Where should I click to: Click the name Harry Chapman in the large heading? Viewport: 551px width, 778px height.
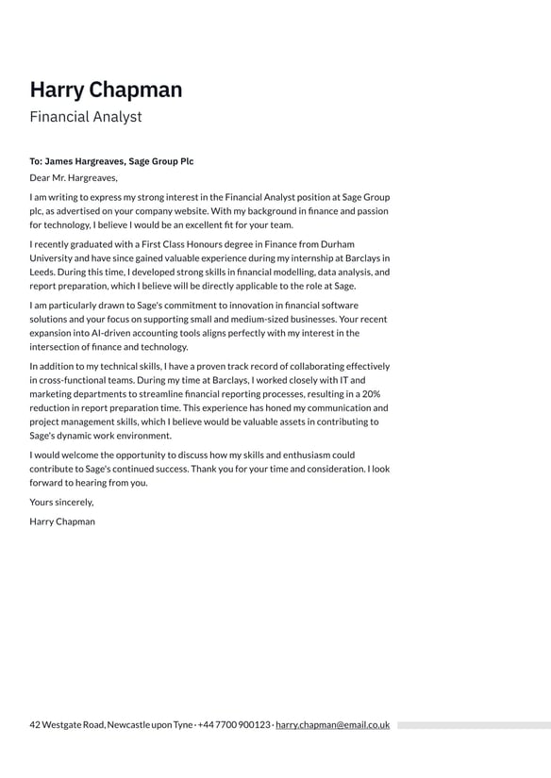(106, 90)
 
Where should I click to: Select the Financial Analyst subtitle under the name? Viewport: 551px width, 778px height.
(86, 117)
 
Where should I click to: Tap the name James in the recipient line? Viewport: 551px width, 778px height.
(61, 161)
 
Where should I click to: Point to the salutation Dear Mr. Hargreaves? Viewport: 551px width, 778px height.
(74, 177)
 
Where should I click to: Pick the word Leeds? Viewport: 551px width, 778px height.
(42, 272)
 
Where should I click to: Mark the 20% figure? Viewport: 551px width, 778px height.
(370, 393)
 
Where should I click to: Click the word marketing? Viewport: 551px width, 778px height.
(54, 393)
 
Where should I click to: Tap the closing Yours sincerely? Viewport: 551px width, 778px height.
(61, 502)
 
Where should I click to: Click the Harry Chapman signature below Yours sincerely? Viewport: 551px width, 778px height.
(62, 521)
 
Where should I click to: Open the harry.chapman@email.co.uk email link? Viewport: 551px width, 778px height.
(332, 725)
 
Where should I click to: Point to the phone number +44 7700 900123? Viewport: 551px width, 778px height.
(233, 725)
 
